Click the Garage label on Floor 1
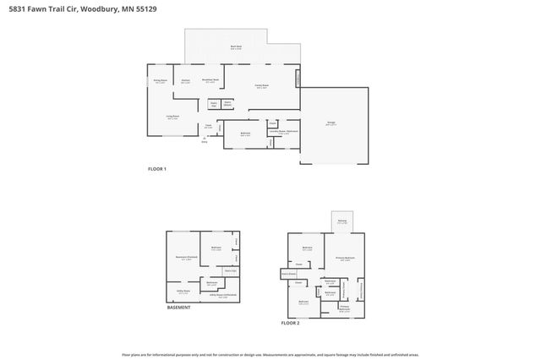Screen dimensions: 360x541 coord(332,123)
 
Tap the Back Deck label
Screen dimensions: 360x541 coord(236,47)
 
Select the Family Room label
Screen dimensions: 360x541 coord(262,86)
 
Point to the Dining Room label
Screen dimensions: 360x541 coord(160,81)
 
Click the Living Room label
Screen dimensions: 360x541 coord(172,117)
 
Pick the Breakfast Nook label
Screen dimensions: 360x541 coord(211,80)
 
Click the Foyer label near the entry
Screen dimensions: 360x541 coord(208,127)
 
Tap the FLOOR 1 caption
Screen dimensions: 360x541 coord(157,170)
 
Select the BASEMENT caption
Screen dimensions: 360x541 coord(178,307)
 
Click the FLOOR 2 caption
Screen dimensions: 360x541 coord(291,322)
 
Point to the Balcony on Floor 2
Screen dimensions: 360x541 coord(342,221)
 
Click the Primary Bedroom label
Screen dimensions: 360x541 coord(345,258)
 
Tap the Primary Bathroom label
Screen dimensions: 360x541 coord(344,308)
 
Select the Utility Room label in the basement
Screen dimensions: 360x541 coord(183,292)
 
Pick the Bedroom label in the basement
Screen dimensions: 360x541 coord(216,247)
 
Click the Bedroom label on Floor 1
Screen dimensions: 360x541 coord(245,134)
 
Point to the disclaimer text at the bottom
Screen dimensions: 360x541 coord(270,355)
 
